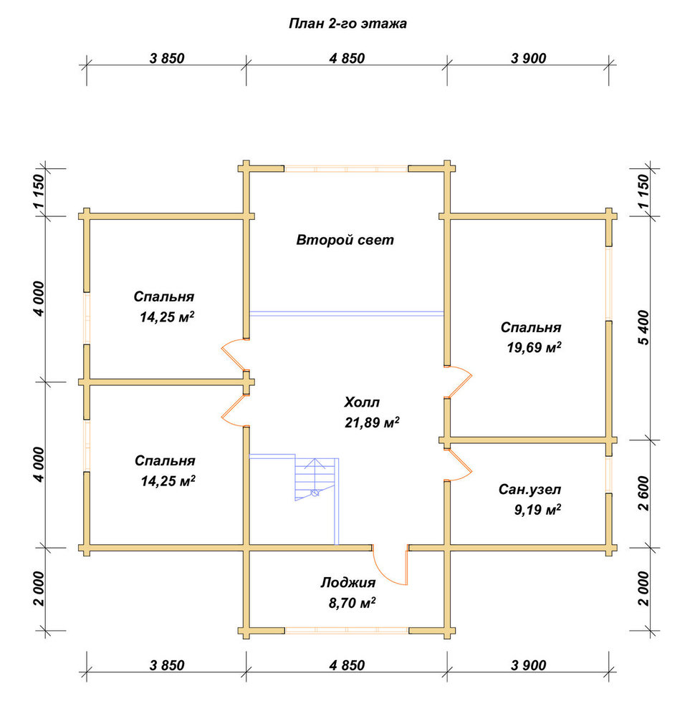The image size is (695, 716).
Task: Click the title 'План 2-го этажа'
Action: tap(347, 24)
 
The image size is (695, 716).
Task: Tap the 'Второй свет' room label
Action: tap(345, 240)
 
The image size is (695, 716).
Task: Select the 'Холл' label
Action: tap(361, 402)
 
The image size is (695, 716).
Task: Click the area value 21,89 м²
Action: tap(372, 422)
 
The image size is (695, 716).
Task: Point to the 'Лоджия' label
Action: tap(347, 583)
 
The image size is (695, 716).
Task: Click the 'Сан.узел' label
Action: tap(529, 490)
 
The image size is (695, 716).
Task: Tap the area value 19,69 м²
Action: tap(534, 347)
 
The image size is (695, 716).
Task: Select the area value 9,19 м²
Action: tap(537, 509)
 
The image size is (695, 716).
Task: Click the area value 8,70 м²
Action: tap(352, 603)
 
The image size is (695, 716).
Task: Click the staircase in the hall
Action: tap(316, 480)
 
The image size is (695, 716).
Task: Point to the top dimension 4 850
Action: tap(347, 59)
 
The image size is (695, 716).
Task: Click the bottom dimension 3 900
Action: tap(528, 665)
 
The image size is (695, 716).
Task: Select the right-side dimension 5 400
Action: tap(643, 327)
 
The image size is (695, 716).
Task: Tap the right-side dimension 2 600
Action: tap(643, 493)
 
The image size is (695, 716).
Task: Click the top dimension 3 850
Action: tap(167, 59)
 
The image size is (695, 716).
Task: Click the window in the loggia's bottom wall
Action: tap(346, 631)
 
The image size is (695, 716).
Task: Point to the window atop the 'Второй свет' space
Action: tap(346, 168)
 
